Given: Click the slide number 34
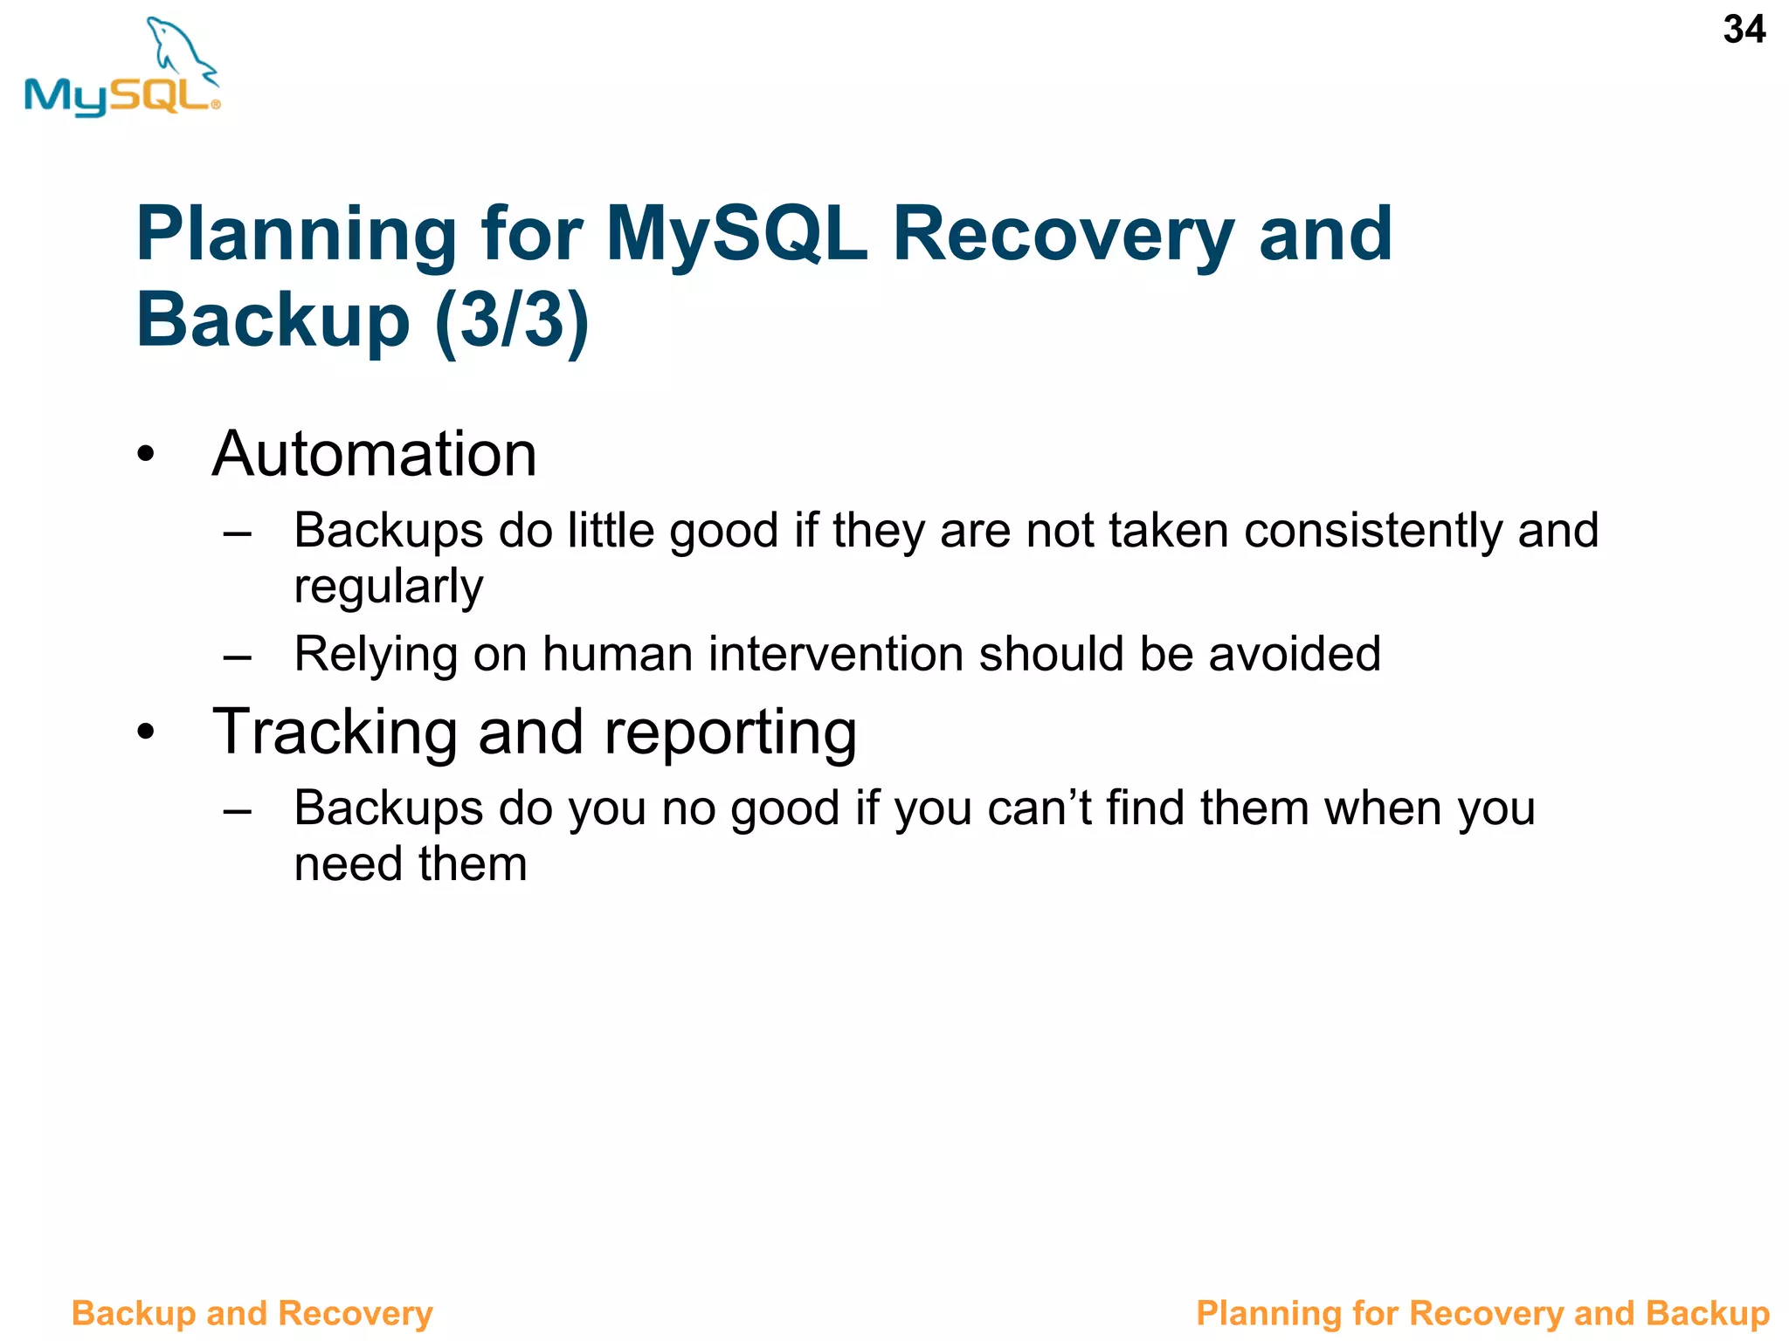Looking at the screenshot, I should tap(1744, 30).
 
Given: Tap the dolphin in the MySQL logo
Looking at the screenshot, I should tap(179, 48).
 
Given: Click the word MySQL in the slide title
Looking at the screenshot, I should tap(736, 234).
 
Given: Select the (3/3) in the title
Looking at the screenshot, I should tap(512, 320).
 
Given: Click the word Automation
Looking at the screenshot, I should tap(374, 454).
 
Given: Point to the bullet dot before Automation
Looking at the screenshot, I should tap(146, 455).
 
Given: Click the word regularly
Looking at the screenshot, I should tap(388, 586).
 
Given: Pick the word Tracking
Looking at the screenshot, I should tap(335, 732).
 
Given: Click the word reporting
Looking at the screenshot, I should tap(730, 733).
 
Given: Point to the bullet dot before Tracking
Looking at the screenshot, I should tap(146, 732).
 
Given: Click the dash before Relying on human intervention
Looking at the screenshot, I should tap(238, 657).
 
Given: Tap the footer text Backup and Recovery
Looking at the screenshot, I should tap(252, 1313).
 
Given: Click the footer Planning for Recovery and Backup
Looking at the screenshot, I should tap(1482, 1313).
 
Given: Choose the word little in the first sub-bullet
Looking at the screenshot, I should tap(611, 530).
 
